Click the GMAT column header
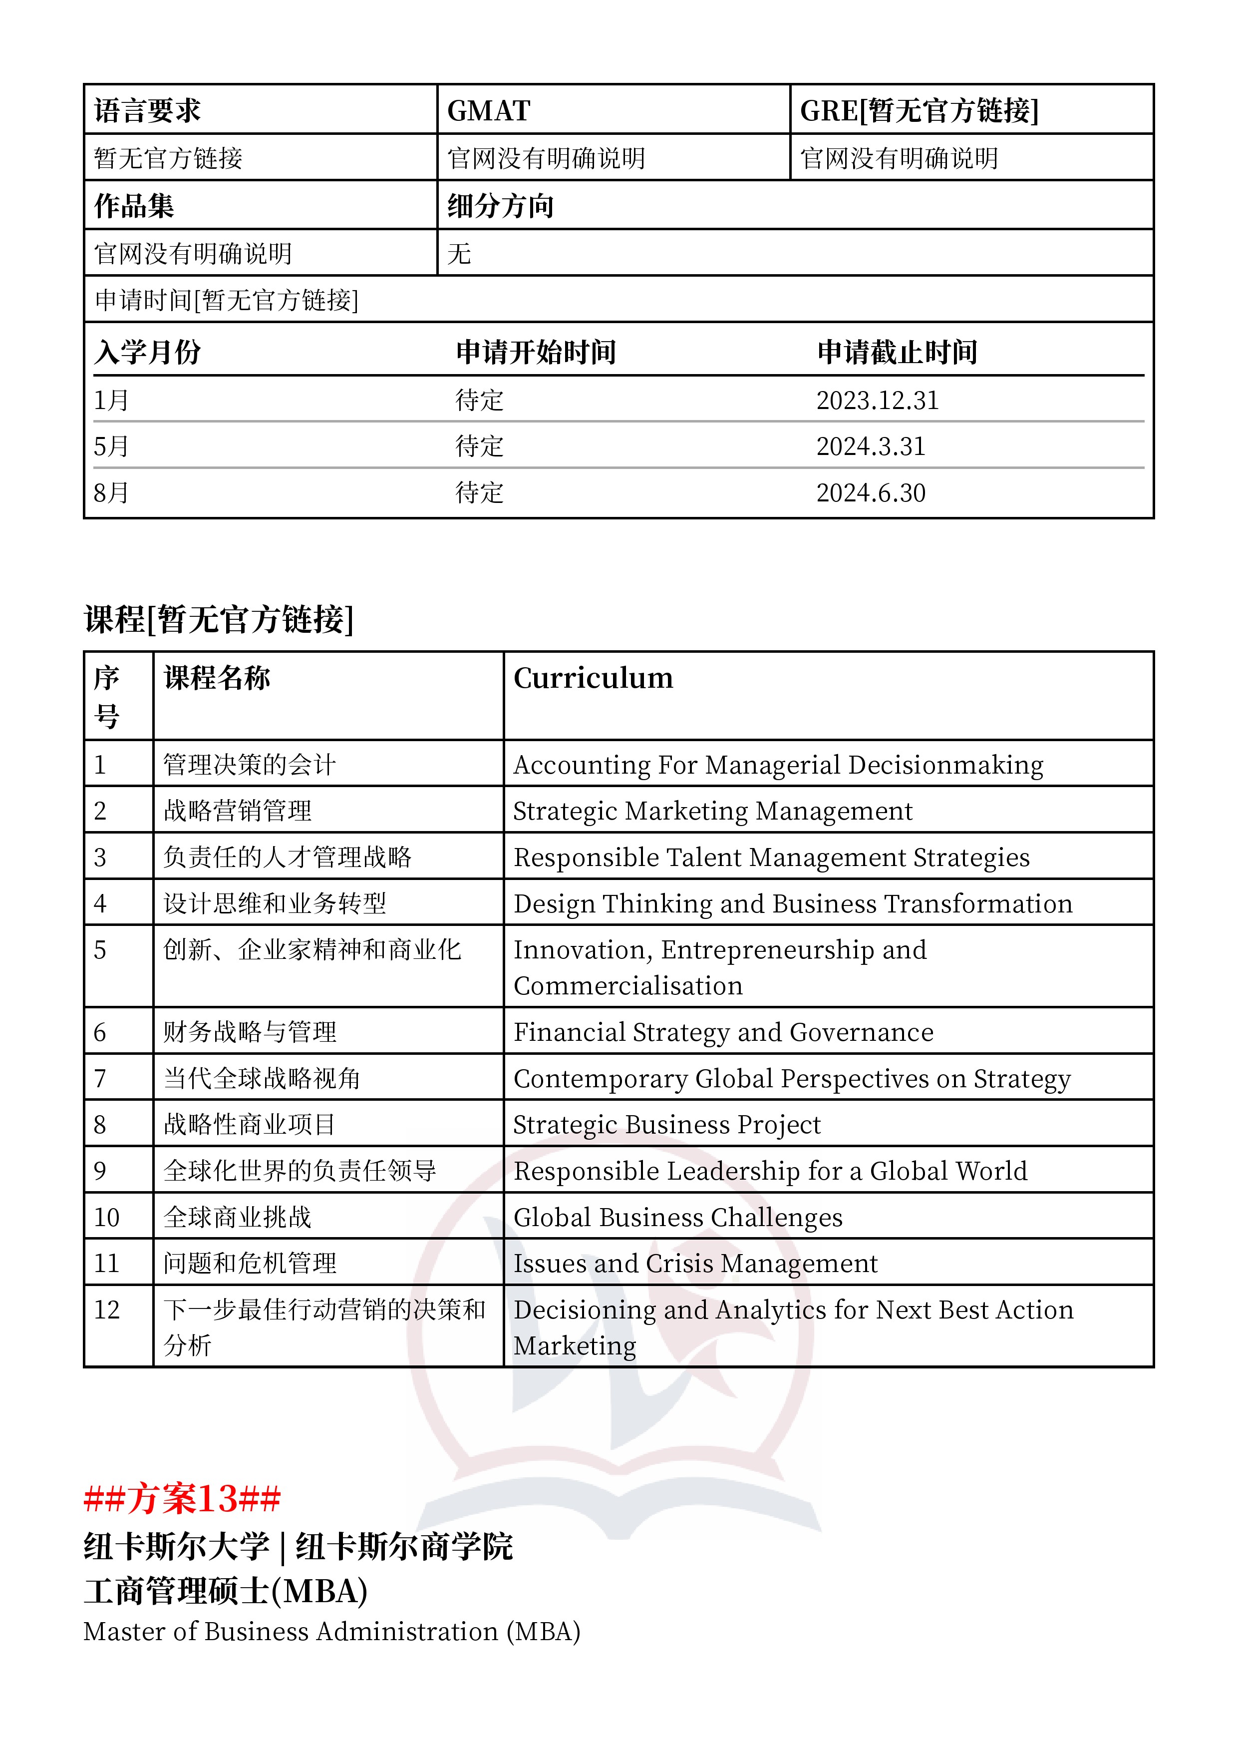(488, 111)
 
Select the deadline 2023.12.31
(877, 400)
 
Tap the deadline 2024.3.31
(870, 446)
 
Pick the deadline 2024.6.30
(870, 493)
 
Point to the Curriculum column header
(593, 678)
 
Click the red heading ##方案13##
(182, 1499)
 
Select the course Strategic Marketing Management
(712, 811)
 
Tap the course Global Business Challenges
(677, 1218)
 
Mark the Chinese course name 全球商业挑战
(237, 1218)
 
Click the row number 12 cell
(107, 1310)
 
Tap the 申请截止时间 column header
(897, 353)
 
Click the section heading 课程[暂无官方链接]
(219, 619)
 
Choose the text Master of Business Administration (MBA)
(332, 1632)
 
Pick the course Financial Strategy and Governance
(723, 1032)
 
